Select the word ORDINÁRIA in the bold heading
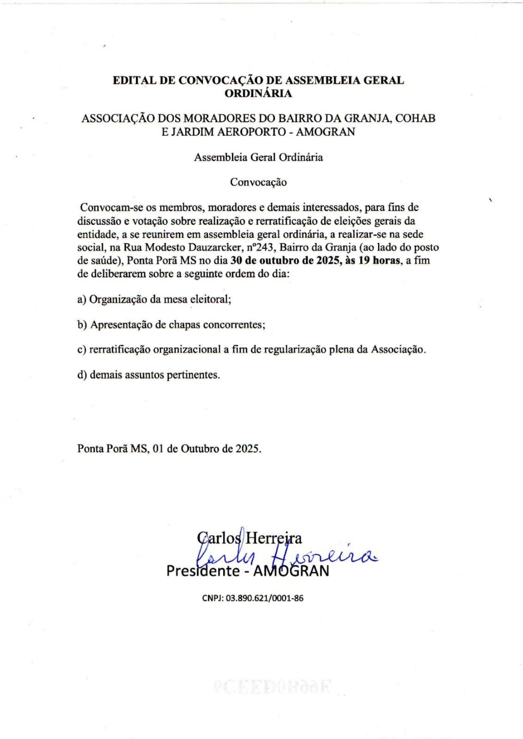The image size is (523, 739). coord(258,93)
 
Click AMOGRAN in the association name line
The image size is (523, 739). coord(325,132)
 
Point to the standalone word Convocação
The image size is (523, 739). coord(258,182)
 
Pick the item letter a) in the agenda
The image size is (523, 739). coord(82,299)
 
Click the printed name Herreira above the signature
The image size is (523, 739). coord(274,538)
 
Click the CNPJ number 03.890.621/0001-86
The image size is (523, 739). coord(264,598)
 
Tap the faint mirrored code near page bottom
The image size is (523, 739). coord(272,688)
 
